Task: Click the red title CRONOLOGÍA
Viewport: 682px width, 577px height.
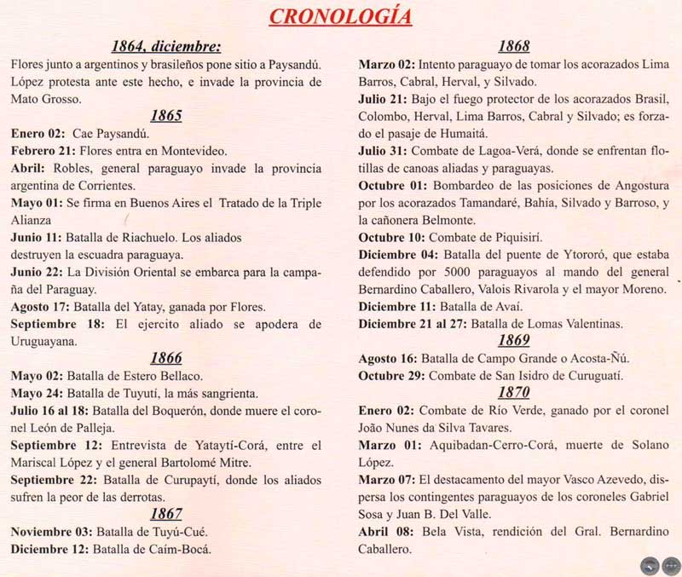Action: (340, 16)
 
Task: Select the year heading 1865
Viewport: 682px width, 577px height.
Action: (166, 116)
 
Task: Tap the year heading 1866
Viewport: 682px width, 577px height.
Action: (166, 358)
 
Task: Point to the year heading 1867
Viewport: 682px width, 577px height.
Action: (166, 513)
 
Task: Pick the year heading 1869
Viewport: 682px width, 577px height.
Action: (515, 340)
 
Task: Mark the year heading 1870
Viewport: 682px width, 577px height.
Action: (515, 392)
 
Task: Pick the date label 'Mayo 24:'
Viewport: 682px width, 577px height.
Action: (40, 393)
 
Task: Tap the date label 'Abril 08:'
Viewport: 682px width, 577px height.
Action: (388, 531)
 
